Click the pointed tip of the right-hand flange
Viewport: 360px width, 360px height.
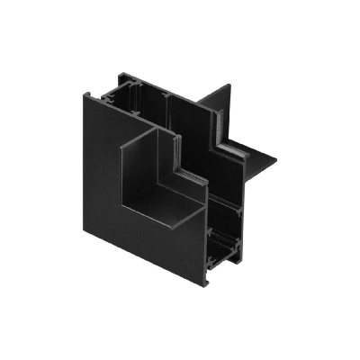(x=274, y=164)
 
